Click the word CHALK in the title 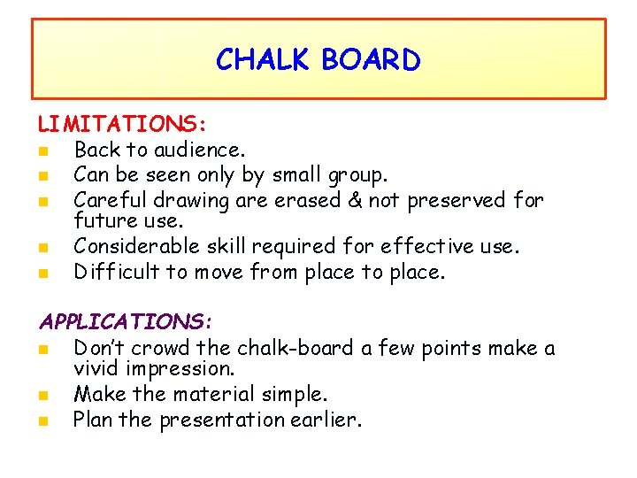pos(264,60)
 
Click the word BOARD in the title pos(371,60)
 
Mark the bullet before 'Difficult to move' pos(42,272)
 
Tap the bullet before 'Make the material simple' pos(42,395)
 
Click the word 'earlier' pos(327,420)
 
